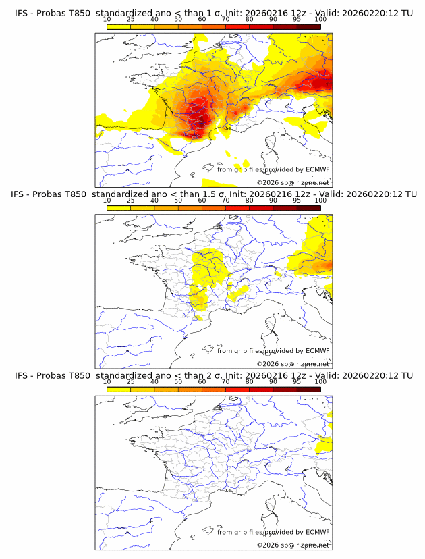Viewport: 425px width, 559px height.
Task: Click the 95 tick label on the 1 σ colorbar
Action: pyautogui.click(x=297, y=19)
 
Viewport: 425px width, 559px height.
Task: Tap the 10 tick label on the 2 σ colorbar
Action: pyautogui.click(x=107, y=382)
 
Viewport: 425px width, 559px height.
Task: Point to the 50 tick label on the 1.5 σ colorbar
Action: pyautogui.click(x=178, y=201)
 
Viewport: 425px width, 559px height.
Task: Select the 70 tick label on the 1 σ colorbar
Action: pyautogui.click(x=225, y=19)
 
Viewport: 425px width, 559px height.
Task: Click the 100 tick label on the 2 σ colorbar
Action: pyautogui.click(x=320, y=382)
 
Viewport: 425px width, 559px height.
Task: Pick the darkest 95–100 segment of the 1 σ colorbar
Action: pyautogui.click(x=308, y=26)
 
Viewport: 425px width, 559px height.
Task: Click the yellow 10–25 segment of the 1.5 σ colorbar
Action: pyautogui.click(x=119, y=208)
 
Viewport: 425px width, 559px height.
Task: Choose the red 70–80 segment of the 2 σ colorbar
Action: pyautogui.click(x=237, y=390)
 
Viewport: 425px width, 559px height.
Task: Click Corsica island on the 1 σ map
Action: pyautogui.click(x=273, y=142)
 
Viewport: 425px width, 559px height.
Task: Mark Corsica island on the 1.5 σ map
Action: pyautogui.click(x=273, y=324)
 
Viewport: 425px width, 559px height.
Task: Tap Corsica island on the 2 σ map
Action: pyautogui.click(x=273, y=506)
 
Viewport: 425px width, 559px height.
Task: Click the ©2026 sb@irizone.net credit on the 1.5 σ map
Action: pyautogui.click(x=293, y=364)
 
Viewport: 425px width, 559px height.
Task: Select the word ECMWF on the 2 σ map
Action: pyautogui.click(x=317, y=532)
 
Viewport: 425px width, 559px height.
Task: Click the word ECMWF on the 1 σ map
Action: pyautogui.click(x=317, y=169)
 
